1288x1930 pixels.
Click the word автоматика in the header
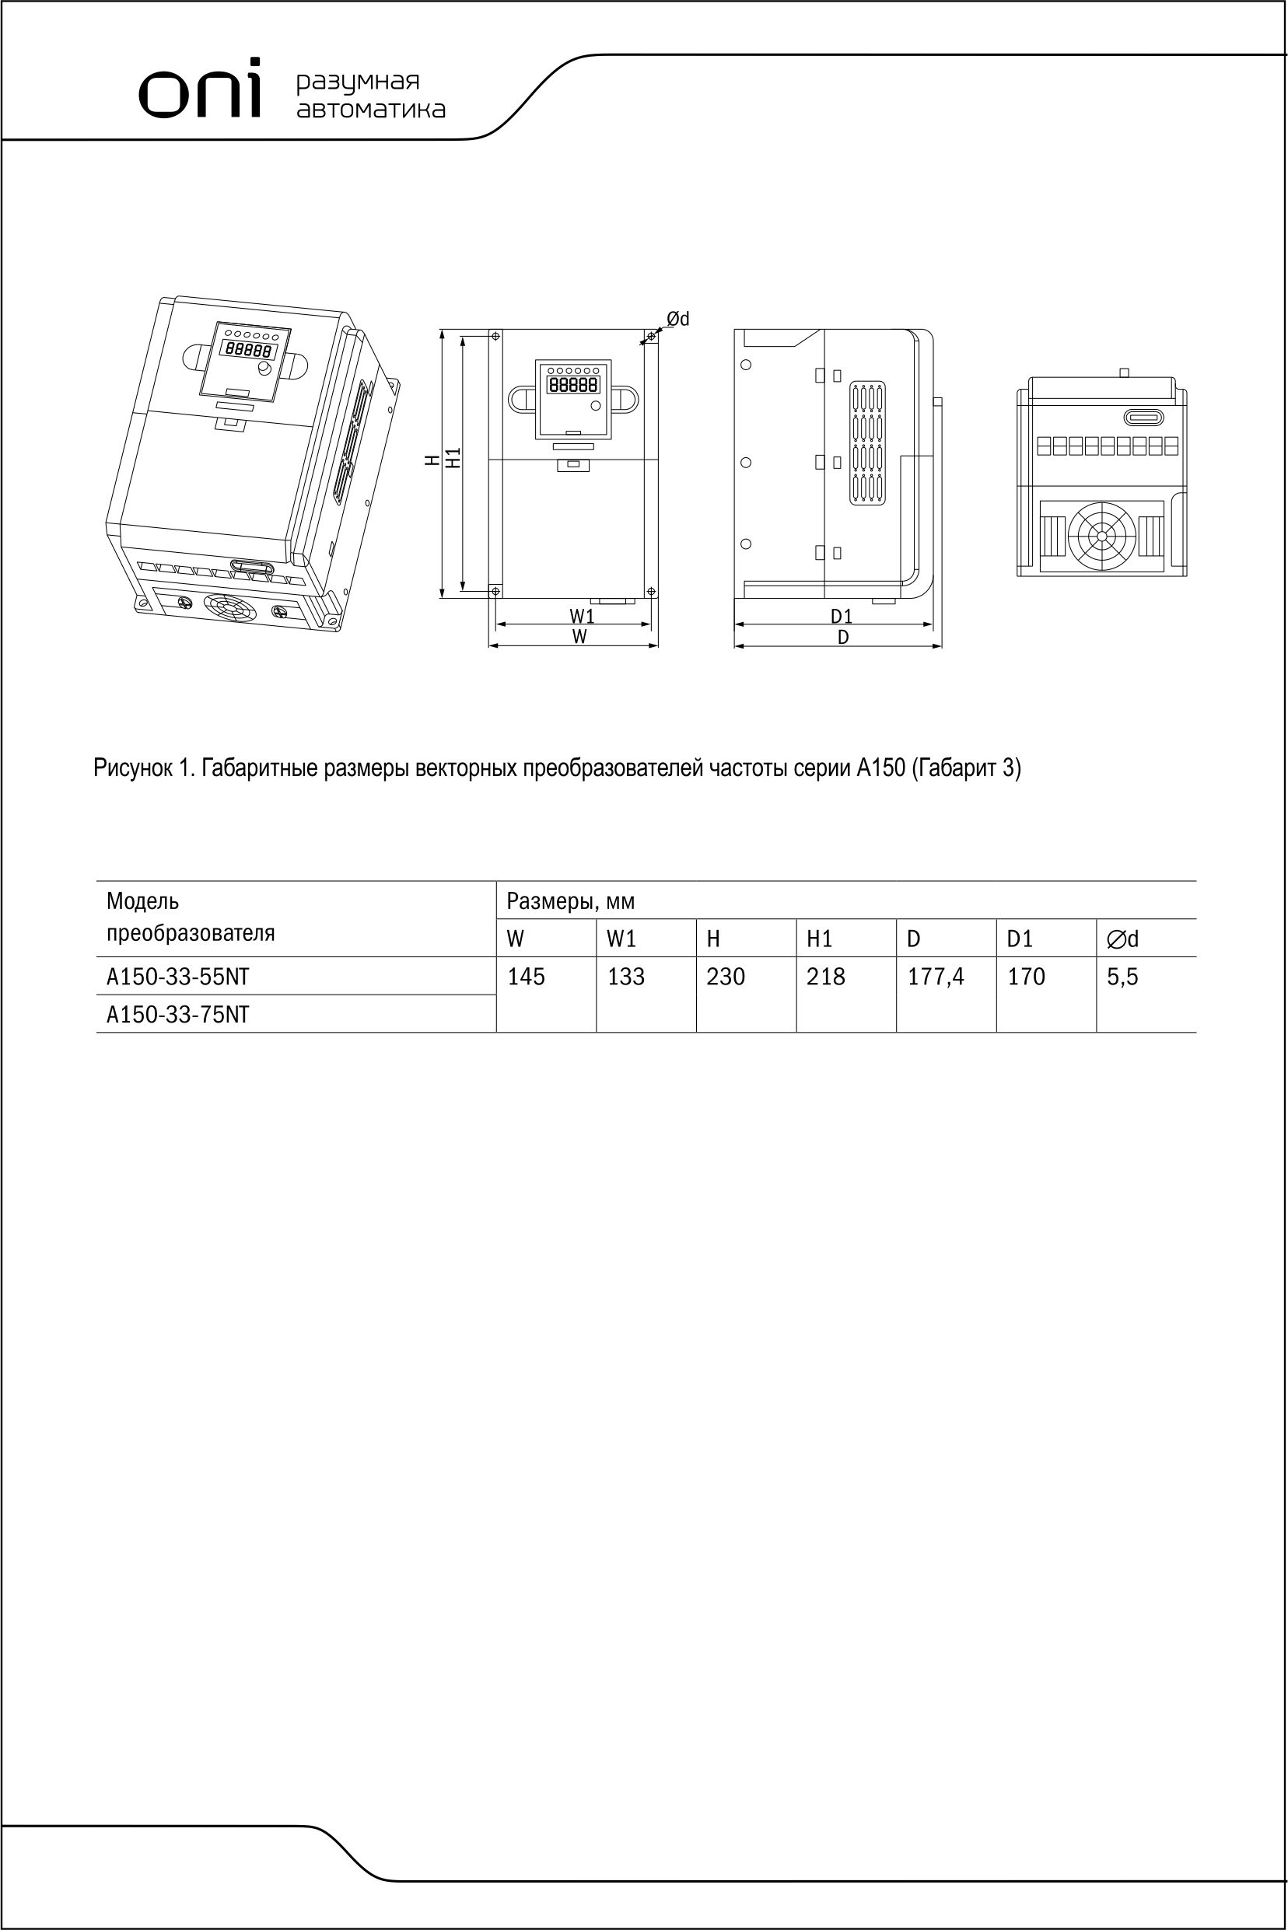coord(370,109)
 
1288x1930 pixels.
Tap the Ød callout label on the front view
coord(677,319)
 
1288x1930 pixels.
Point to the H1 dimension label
coord(453,458)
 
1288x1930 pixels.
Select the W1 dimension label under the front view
coord(582,616)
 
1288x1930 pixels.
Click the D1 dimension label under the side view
coord(841,616)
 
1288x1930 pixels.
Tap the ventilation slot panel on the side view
coord(866,442)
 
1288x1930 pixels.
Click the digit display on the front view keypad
coord(573,384)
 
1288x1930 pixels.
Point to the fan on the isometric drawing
coord(230,610)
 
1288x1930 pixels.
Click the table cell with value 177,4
coord(936,977)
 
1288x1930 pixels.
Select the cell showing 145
coord(526,977)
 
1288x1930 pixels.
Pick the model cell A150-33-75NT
coord(177,1015)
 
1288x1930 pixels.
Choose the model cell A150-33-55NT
coord(177,977)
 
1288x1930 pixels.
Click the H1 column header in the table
coord(819,939)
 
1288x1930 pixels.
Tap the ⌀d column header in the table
coord(1122,939)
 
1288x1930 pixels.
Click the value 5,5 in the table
coord(1122,977)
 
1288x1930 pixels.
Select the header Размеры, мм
coord(570,902)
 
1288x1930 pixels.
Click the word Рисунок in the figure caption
coord(132,769)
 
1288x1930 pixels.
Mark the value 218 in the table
coord(825,977)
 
